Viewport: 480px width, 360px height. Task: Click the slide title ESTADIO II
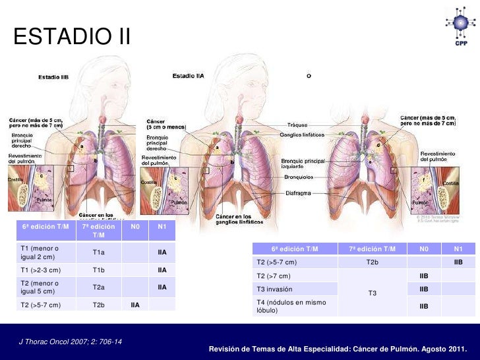72,37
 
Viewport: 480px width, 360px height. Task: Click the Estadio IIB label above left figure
53,77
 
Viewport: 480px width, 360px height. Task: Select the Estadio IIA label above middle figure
189,76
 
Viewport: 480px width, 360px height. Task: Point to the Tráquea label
297,125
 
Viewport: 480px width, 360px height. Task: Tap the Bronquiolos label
299,177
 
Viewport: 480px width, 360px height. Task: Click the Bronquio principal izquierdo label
303,164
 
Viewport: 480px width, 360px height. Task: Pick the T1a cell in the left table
98,253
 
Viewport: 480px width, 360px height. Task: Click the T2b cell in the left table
98,305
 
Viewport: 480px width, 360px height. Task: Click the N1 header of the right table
458,249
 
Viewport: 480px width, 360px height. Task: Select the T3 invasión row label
275,289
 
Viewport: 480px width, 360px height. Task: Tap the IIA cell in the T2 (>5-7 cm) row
135,305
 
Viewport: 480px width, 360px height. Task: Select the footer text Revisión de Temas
337,348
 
